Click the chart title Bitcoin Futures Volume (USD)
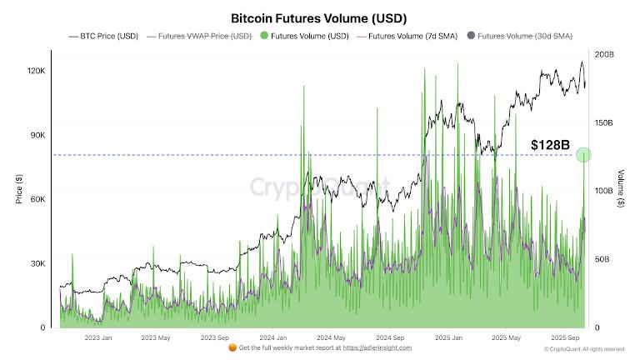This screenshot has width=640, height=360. tap(319, 17)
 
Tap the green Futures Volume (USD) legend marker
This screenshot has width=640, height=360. tap(264, 36)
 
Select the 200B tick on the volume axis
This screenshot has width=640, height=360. tap(605, 54)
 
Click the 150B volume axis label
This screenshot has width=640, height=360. tap(605, 122)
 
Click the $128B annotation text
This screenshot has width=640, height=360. tap(551, 145)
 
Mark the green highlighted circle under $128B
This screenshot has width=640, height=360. tap(583, 155)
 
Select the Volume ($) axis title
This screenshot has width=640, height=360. tap(622, 190)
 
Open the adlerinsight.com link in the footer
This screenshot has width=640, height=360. tap(375, 347)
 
